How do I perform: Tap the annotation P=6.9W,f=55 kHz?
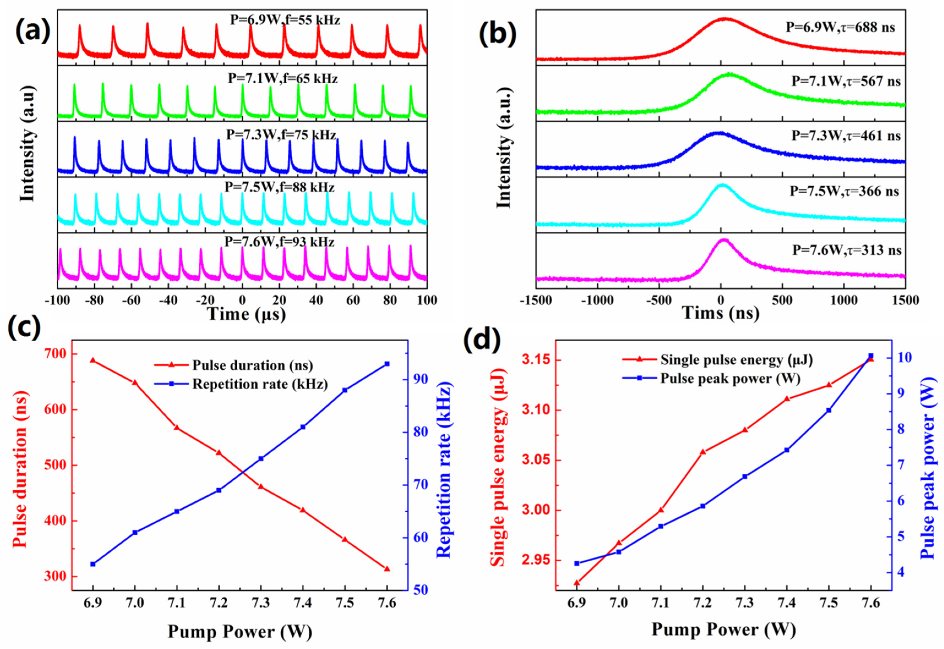point(285,20)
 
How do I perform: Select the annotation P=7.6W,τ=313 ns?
point(847,250)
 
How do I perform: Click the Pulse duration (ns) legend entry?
point(252,365)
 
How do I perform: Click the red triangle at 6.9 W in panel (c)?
point(93,360)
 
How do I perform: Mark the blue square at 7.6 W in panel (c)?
point(387,364)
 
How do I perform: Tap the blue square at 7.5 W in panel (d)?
point(828,410)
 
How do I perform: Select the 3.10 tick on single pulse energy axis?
point(536,410)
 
